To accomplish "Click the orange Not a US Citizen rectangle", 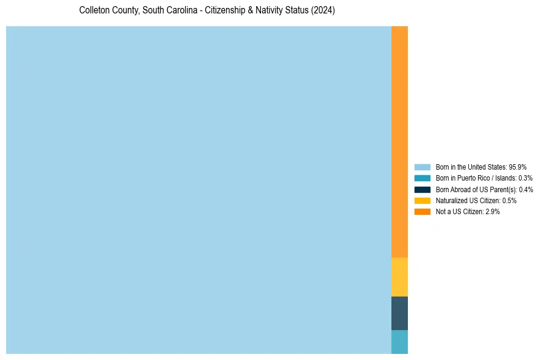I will coord(399,142).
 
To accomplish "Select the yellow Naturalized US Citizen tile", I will coord(399,277).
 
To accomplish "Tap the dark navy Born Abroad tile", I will coord(399,313).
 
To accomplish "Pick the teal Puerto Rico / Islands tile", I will coord(399,342).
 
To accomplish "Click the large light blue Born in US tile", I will coord(198,190).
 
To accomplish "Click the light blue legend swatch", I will coord(422,167).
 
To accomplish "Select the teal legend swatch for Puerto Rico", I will coord(422,178).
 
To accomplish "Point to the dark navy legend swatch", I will coord(422,189).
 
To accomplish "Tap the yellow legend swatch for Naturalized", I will coord(422,200).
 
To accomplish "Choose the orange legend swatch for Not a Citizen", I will coord(422,212).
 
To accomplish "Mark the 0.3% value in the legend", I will coord(525,178).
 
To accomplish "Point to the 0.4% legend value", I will coord(526,189).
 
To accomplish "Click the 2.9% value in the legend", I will coord(493,212).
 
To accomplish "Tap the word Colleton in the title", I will coord(93,10).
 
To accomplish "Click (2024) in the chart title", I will coord(323,10).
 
